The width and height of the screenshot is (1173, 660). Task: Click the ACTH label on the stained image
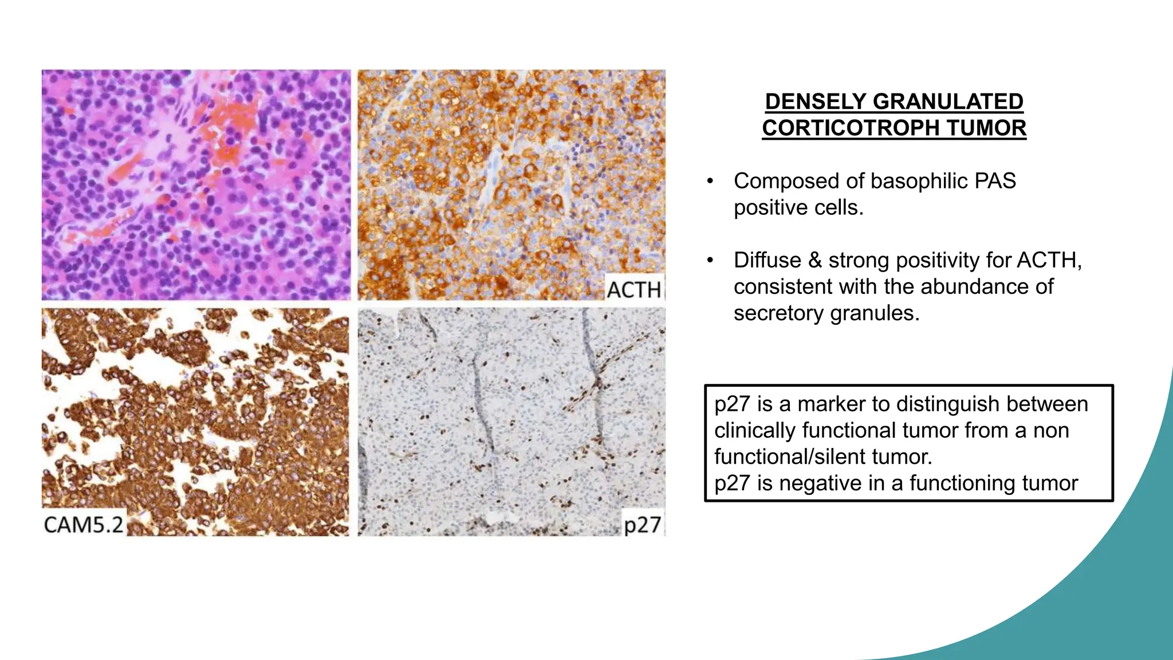tap(633, 289)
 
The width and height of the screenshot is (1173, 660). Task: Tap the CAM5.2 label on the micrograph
tap(84, 524)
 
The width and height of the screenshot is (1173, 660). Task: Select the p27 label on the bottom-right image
tap(642, 524)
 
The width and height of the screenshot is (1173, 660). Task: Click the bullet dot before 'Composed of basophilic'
tap(710, 182)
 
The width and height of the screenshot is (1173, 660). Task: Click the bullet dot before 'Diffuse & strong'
tap(710, 261)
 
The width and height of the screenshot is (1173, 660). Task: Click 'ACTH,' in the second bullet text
tap(1049, 260)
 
